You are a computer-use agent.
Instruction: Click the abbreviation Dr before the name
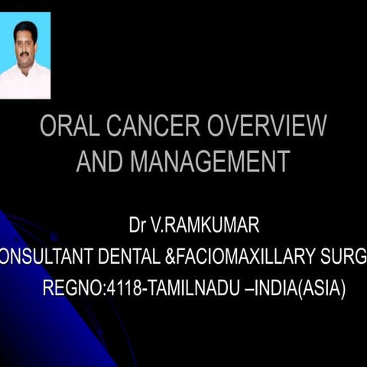[x=137, y=227]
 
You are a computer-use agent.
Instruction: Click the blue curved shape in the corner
[x=46, y=306]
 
